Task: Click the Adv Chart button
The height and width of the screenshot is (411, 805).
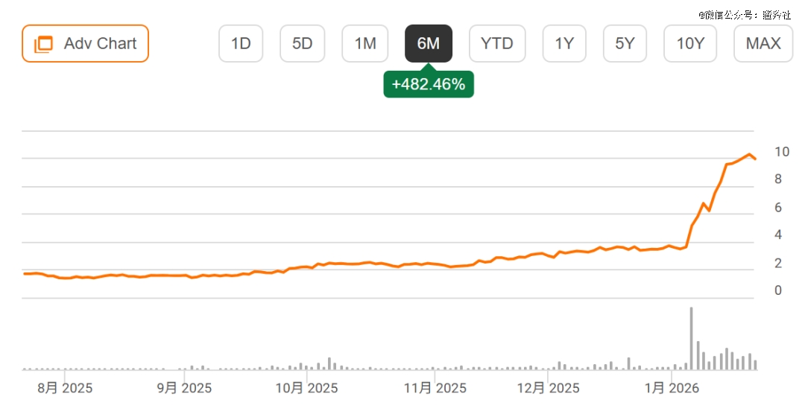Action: (85, 43)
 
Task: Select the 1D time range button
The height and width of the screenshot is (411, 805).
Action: (241, 43)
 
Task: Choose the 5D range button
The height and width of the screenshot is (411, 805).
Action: (303, 43)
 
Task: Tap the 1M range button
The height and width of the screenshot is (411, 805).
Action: (365, 43)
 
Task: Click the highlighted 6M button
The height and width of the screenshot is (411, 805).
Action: (428, 43)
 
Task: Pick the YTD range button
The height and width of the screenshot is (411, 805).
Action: (497, 43)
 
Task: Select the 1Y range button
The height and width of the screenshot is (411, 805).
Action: (564, 43)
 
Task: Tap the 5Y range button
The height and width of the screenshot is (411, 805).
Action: (625, 43)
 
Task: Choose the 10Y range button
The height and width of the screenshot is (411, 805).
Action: (690, 43)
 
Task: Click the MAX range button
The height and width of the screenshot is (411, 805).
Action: (763, 43)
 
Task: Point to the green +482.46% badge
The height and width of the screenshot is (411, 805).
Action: (429, 84)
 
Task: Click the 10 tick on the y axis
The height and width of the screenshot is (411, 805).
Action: (782, 152)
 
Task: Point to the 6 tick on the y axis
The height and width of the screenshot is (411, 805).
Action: (778, 208)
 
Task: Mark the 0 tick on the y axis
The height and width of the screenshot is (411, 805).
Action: (778, 290)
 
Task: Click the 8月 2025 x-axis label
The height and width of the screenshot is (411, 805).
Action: (65, 388)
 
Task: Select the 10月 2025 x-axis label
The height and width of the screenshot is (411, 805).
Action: (306, 388)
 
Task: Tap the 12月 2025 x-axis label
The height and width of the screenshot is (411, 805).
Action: (548, 388)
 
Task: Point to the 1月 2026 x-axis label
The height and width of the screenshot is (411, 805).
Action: (671, 388)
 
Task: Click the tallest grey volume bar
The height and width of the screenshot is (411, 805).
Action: (691, 338)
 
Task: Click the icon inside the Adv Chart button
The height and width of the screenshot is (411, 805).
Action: (44, 44)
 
